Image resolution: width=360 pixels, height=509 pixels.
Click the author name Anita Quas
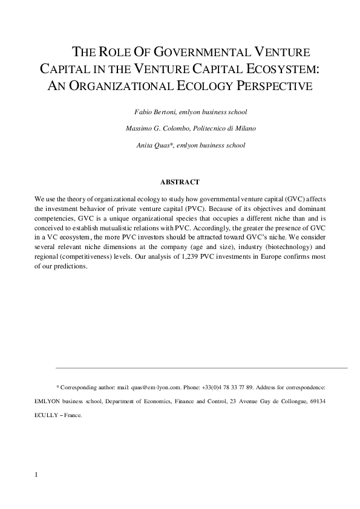tap(154, 145)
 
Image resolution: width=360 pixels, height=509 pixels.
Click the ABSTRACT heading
tap(180, 181)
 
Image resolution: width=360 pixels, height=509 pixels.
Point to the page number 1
tap(37, 475)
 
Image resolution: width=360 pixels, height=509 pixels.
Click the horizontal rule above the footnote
tap(201, 368)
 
